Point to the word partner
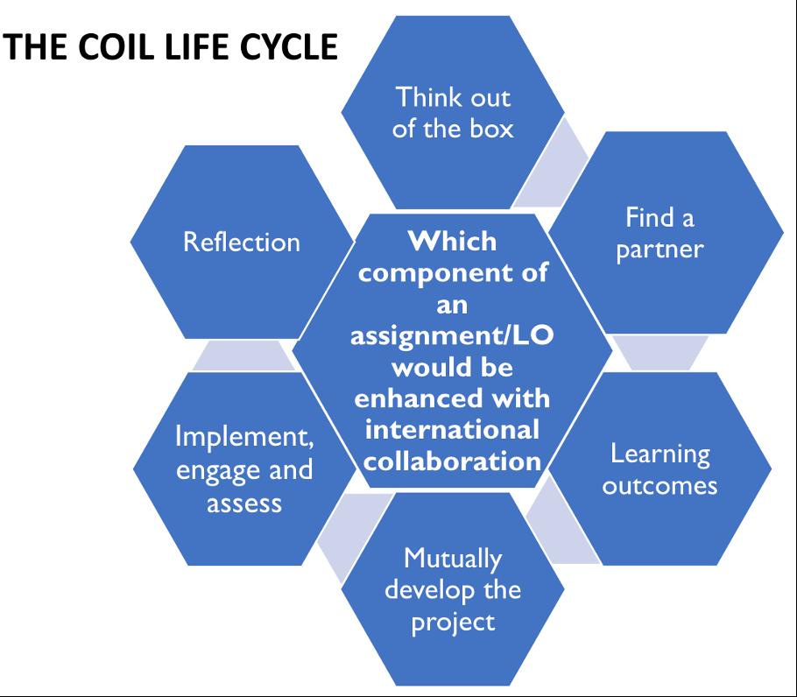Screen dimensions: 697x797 pyautogui.click(x=659, y=249)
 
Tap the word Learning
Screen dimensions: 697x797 pyautogui.click(x=659, y=454)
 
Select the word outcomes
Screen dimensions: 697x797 pyautogui.click(x=659, y=485)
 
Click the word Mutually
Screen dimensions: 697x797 pyautogui.click(x=453, y=557)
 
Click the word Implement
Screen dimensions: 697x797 pyautogui.click(x=243, y=437)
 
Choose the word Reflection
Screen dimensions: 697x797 pyautogui.click(x=241, y=242)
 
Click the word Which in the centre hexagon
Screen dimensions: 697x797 pyautogui.click(x=452, y=240)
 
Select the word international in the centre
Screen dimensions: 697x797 pyautogui.click(x=452, y=430)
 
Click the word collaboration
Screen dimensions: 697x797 pyautogui.click(x=452, y=460)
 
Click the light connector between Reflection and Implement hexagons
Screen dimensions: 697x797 pyautogui.click(x=241, y=356)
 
